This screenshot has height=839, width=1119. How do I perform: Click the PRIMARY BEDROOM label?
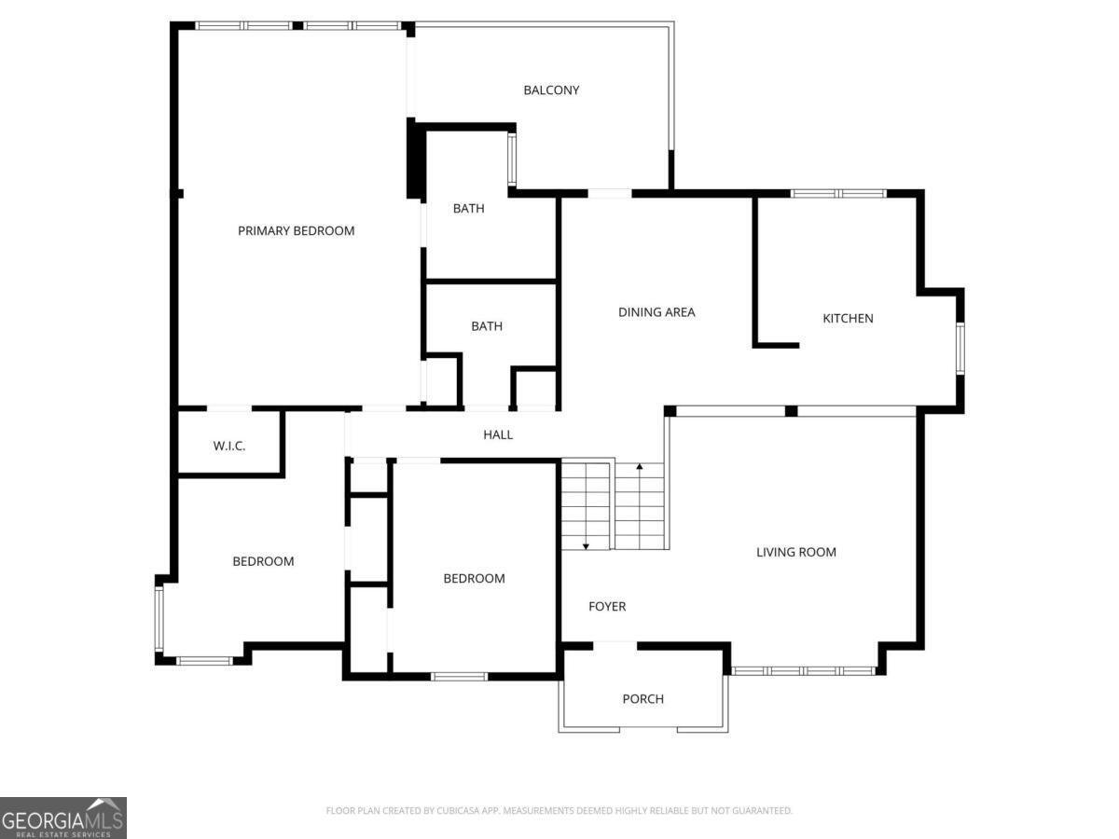(296, 230)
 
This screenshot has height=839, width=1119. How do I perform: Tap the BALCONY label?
(551, 90)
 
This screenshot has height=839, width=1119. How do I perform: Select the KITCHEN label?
(848, 318)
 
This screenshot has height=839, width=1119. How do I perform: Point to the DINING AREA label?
(656, 312)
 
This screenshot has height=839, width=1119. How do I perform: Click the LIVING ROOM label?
(795, 552)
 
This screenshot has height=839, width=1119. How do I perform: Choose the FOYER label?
(607, 607)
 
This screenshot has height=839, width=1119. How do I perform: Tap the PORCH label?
(643, 699)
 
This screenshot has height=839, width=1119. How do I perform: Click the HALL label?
(498, 434)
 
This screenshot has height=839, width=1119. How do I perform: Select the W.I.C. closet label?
(229, 447)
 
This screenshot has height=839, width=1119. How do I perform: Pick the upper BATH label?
(468, 209)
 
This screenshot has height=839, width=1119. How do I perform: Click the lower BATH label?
(487, 326)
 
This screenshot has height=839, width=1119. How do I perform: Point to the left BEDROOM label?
(263, 561)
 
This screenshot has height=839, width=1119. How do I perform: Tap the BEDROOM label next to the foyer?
(474, 579)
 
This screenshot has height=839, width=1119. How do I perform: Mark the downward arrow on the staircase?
(586, 544)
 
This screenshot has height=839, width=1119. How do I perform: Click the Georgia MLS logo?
(62, 818)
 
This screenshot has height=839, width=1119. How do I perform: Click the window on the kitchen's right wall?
(960, 349)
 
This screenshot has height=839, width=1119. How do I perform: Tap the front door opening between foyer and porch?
(615, 644)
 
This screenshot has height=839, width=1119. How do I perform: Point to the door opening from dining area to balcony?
(610, 193)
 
